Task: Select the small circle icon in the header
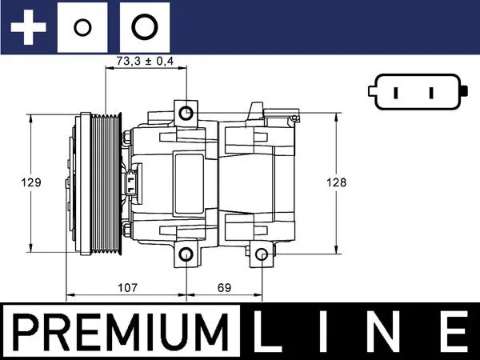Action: (82, 28)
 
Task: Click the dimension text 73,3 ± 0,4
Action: (145, 61)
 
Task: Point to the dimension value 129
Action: (31, 182)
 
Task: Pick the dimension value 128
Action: (337, 182)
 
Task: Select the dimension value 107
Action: (127, 286)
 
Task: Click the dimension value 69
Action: (225, 286)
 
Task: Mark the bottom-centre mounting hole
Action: (186, 255)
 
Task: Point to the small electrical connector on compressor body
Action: (133, 181)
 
